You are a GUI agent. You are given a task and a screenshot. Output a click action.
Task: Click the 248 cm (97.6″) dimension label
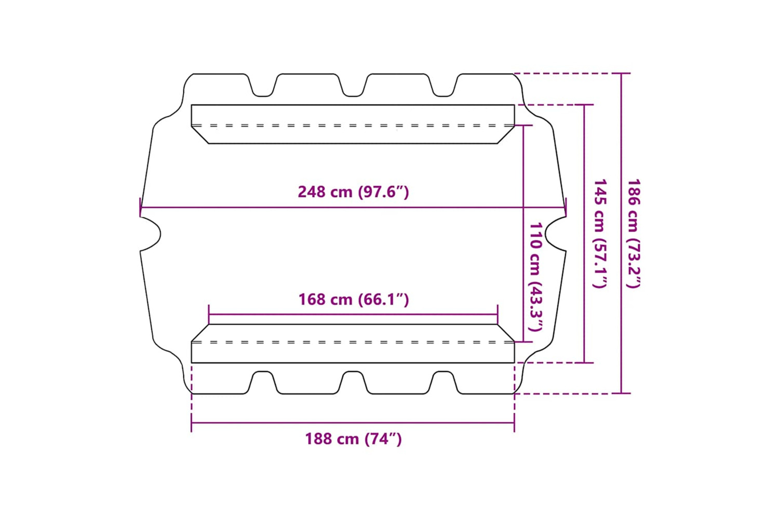(x=353, y=192)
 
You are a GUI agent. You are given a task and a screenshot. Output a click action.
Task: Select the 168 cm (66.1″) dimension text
(x=354, y=299)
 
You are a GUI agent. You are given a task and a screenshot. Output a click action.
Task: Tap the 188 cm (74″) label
(x=353, y=439)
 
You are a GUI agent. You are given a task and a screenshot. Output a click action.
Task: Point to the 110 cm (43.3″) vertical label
(x=535, y=277)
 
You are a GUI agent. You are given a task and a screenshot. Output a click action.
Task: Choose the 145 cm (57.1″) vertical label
(x=600, y=234)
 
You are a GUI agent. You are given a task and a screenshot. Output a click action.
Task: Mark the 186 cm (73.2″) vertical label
(x=633, y=234)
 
